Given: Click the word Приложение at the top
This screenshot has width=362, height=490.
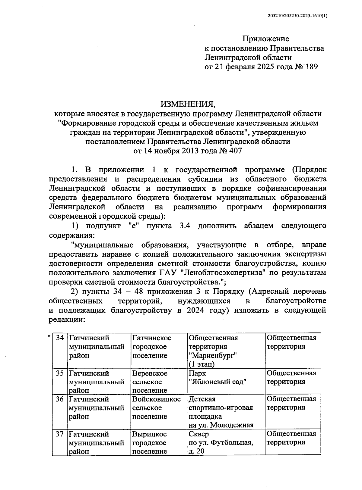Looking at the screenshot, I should [266, 39].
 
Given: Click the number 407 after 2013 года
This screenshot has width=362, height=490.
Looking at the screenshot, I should [235, 151].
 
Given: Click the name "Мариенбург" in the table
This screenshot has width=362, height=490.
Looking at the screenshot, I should [212, 355].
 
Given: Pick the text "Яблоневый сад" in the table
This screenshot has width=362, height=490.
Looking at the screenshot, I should [218, 382].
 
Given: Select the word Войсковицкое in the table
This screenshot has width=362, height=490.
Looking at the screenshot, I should [156, 399].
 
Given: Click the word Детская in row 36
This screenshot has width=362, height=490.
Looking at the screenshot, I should [202, 399].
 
